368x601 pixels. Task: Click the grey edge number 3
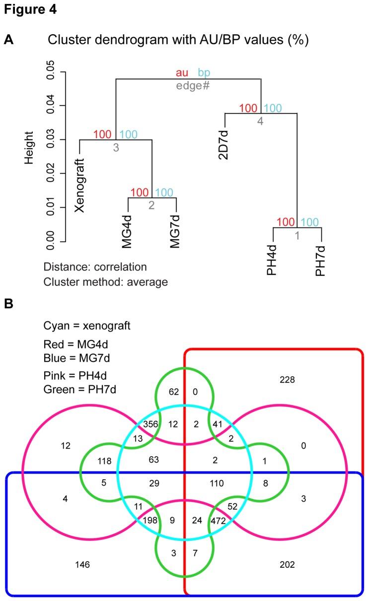116,148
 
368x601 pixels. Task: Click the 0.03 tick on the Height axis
50,140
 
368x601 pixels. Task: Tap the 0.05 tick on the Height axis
50,72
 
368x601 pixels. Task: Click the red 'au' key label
182,73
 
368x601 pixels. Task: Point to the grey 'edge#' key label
193,85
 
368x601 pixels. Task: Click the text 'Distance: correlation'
95,267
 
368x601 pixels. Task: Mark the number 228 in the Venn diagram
287,380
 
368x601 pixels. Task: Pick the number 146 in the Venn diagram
82,564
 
